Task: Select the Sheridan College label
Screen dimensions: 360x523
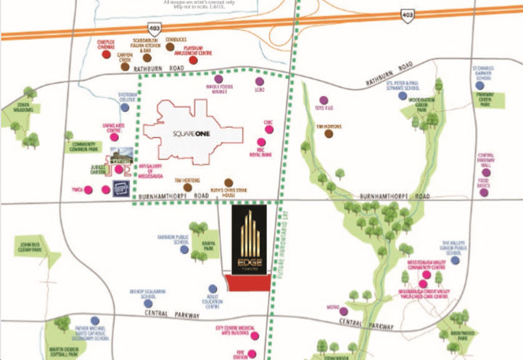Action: point(128,96)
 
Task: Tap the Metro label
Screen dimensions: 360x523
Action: point(333,307)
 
